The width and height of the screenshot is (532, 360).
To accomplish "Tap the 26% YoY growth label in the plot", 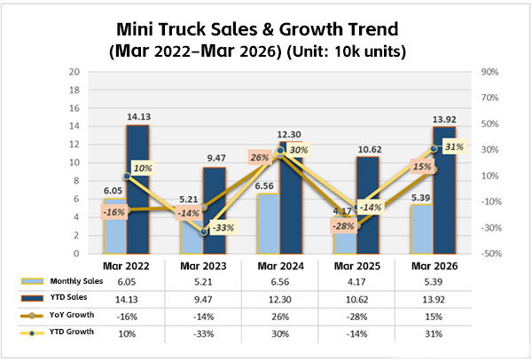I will (x=261, y=158).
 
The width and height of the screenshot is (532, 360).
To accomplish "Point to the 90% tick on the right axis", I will (x=489, y=72).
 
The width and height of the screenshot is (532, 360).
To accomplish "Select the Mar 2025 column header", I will (x=360, y=265).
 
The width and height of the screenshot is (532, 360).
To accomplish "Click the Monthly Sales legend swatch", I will (x=30, y=281).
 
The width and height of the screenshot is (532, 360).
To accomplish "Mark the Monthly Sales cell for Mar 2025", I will (x=360, y=281).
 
